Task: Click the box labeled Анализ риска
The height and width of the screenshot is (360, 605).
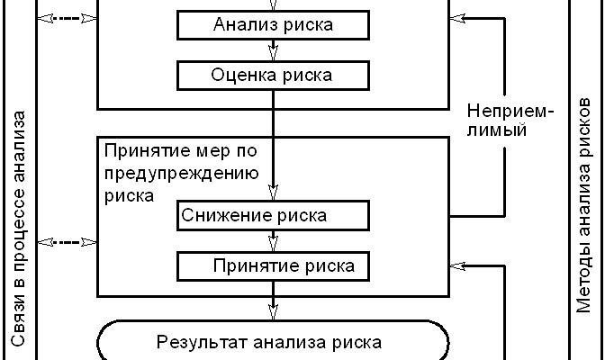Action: coord(273,25)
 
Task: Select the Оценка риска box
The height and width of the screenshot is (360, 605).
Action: coord(273,75)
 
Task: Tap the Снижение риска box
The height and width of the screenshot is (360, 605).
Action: coord(273,216)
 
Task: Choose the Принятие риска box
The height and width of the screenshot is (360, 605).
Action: coord(273,265)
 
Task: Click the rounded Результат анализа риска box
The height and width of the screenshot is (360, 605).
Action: coord(272,342)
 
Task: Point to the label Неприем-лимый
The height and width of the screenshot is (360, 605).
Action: coord(510,121)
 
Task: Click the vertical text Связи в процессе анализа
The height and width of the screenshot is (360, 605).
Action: coord(19,229)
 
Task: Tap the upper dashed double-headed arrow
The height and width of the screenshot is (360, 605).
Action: coord(68,17)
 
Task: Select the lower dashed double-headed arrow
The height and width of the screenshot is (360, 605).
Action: coord(68,242)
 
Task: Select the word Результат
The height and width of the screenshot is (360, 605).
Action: coord(194,342)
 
